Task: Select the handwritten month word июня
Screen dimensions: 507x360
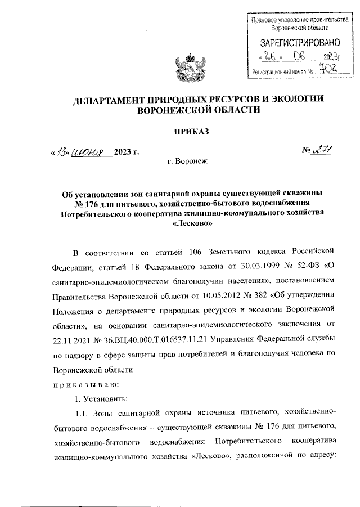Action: (x=90, y=152)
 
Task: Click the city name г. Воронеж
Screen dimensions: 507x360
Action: (x=187, y=161)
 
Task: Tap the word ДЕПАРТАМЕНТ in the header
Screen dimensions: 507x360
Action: (x=112, y=100)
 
